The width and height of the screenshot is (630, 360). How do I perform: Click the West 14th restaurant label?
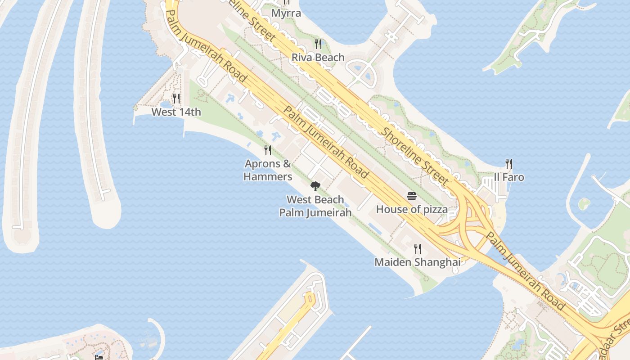176,112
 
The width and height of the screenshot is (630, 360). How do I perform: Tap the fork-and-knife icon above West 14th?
176,98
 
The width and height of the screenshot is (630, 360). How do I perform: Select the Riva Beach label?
318,58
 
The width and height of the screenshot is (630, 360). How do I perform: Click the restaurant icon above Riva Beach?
318,44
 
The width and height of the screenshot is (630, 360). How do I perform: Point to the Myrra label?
286,13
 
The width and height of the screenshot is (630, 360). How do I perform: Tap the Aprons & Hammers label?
268,170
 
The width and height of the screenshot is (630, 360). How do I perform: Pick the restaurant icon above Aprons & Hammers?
268,150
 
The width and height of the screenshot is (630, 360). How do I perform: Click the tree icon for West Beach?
315,186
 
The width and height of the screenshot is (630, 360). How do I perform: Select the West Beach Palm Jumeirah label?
315,206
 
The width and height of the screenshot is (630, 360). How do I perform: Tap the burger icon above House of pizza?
412,196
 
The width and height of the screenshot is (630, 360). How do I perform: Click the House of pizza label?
412,209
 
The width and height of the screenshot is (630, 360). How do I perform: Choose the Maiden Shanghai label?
417,262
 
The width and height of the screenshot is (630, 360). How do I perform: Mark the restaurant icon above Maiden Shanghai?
418,248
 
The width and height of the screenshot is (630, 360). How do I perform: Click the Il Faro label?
509,177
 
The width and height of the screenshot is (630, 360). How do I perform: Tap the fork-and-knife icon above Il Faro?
509,163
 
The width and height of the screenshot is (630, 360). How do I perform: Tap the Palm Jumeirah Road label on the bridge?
526,272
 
